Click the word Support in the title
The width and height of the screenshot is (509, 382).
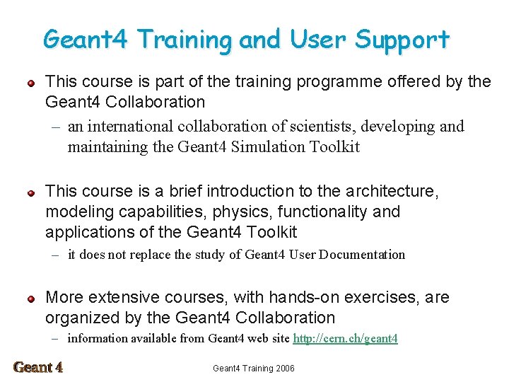402,40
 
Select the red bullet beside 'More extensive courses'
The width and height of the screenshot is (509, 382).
30,299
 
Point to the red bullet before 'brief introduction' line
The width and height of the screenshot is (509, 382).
30,192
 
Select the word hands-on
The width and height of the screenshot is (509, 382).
303,298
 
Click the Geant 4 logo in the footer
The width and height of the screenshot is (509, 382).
38,367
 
